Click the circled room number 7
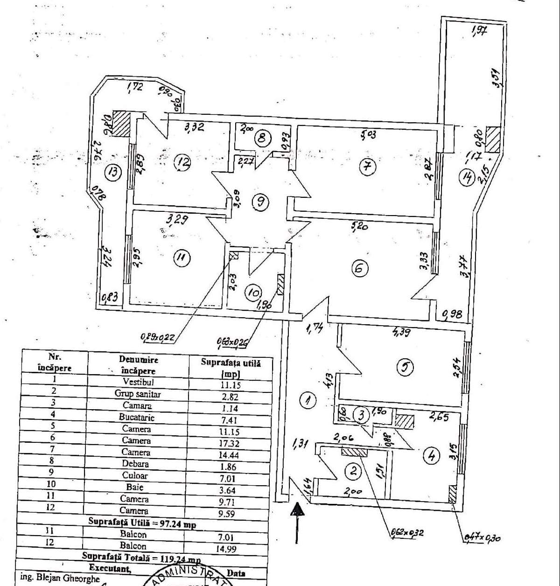click(x=368, y=167)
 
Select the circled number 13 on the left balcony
click(x=112, y=172)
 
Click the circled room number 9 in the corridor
click(x=260, y=202)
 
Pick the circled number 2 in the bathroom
click(x=353, y=471)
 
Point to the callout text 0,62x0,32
click(x=406, y=532)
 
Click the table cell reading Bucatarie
click(x=136, y=417)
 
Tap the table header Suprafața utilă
click(x=231, y=367)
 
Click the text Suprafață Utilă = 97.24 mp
click(x=142, y=523)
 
